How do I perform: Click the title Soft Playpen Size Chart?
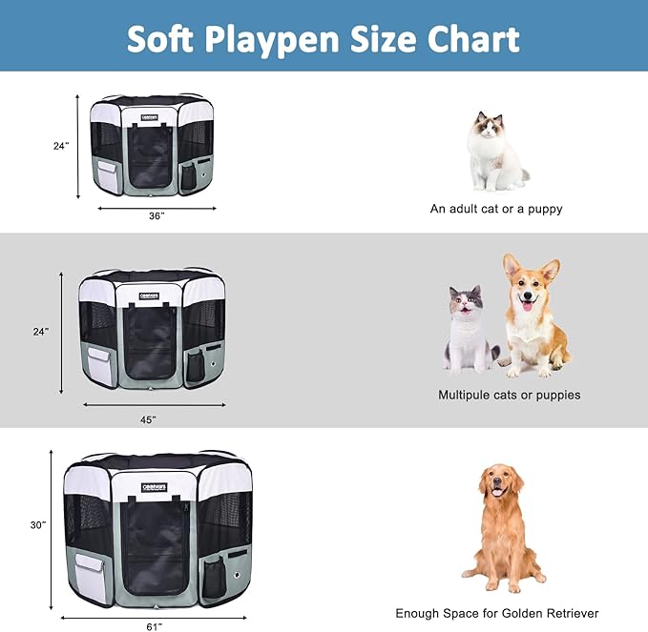click(324, 38)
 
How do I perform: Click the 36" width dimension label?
click(156, 216)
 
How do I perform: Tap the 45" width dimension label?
click(148, 418)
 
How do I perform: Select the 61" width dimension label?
click(153, 625)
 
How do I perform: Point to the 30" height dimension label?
click(36, 523)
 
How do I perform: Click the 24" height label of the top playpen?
click(61, 146)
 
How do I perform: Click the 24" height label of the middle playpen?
click(40, 332)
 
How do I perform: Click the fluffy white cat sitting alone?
click(494, 153)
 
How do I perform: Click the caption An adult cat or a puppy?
click(496, 209)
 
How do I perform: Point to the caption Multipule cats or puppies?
click(509, 395)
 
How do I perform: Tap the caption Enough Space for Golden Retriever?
click(497, 613)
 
